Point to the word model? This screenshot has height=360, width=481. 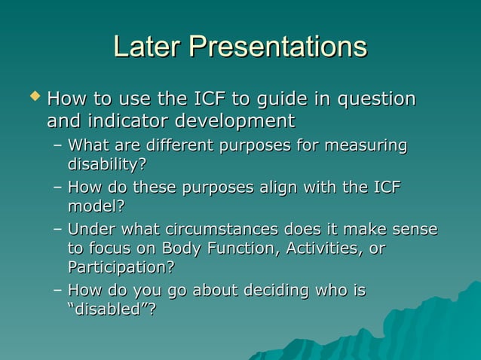pyautogui.click(x=96, y=206)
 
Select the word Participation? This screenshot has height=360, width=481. pyautogui.click(x=121, y=267)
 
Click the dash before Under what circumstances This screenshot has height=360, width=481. pyautogui.click(x=58, y=230)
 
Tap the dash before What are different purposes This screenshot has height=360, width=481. pyautogui.click(x=58, y=145)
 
